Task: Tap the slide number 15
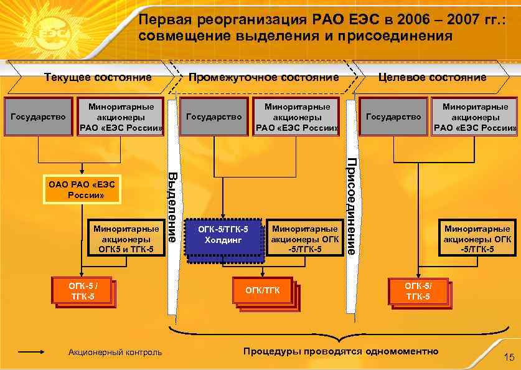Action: [509, 357]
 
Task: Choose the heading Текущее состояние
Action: [98, 77]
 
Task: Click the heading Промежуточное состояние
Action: [263, 77]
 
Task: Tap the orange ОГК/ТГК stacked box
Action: [263, 290]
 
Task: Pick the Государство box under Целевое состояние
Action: [393, 116]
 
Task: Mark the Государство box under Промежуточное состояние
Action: [214, 116]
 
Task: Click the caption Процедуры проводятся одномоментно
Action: [340, 351]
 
